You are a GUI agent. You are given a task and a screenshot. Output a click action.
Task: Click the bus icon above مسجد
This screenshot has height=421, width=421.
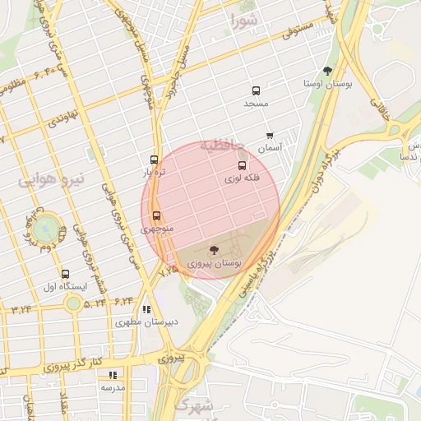[x=256, y=91]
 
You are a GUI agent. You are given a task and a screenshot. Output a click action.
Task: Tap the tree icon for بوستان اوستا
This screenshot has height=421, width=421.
[x=328, y=71]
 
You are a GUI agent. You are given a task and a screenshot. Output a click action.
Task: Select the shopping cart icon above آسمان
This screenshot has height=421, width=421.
[x=270, y=136]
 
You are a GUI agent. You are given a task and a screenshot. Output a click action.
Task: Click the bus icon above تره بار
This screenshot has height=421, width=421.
[x=154, y=160]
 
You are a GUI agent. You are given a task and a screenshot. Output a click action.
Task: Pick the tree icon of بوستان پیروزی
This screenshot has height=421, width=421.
[x=214, y=248]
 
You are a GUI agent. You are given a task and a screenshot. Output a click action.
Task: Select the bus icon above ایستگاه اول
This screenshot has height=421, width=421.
[x=65, y=273]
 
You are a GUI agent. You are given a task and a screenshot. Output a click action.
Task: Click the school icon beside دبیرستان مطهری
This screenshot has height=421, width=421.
[x=146, y=310]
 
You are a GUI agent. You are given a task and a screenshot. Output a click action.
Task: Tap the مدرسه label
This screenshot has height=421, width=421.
[x=113, y=386]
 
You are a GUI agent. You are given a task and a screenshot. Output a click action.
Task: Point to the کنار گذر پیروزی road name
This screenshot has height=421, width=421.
[x=72, y=363]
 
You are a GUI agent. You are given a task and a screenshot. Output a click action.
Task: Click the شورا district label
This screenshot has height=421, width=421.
[x=244, y=17]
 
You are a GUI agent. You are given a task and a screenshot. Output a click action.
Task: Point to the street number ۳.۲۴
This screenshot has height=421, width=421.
[x=21, y=308]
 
